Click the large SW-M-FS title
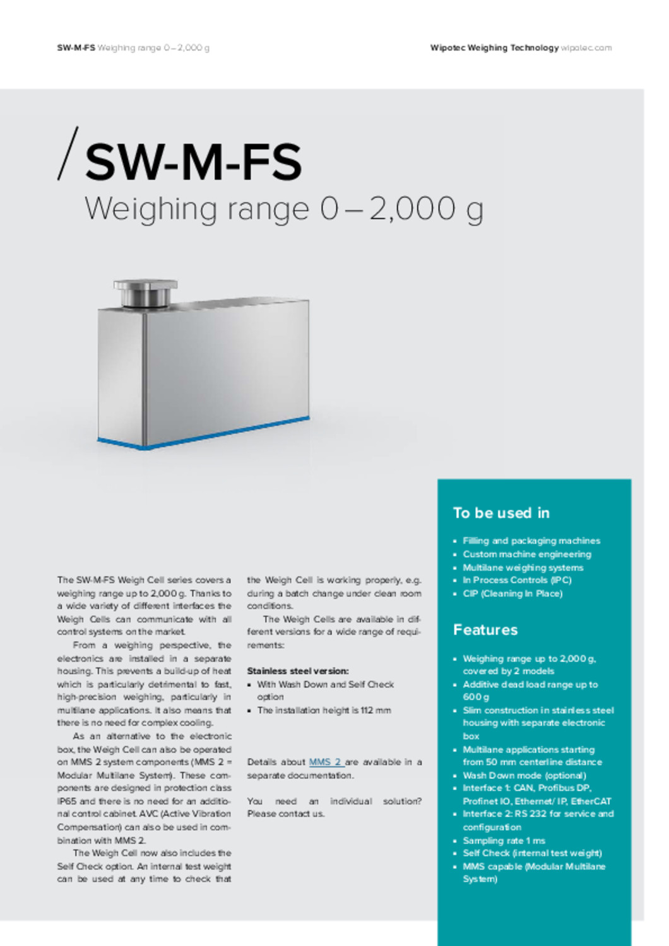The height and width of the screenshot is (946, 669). (x=193, y=162)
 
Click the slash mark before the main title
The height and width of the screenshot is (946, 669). (x=68, y=154)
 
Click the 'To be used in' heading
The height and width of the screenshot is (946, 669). (x=501, y=513)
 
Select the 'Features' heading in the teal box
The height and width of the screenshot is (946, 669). (x=485, y=629)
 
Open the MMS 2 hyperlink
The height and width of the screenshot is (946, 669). (x=325, y=762)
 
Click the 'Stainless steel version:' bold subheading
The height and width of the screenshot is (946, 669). (x=298, y=670)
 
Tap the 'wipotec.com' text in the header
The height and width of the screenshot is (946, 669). (x=586, y=48)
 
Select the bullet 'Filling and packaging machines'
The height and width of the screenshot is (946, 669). (x=531, y=540)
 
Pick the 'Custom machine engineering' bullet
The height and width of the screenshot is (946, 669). (x=527, y=554)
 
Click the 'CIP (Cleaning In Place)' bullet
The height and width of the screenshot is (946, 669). (x=512, y=593)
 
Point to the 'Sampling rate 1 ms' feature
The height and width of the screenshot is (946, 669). (x=504, y=840)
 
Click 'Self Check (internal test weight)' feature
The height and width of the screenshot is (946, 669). (x=532, y=853)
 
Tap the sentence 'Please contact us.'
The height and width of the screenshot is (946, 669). (x=286, y=814)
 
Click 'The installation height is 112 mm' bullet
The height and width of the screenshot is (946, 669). (x=324, y=710)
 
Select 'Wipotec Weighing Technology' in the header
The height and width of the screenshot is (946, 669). (x=494, y=48)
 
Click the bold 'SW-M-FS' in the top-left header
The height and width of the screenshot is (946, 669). (x=76, y=48)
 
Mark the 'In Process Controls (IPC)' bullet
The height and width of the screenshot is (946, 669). (x=517, y=580)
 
